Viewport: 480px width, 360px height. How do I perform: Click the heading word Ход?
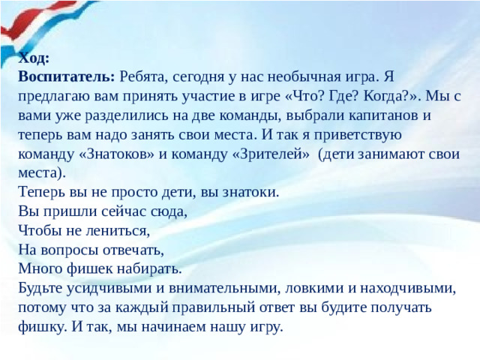point(34,58)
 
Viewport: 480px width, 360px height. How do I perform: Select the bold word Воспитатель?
point(66,76)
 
